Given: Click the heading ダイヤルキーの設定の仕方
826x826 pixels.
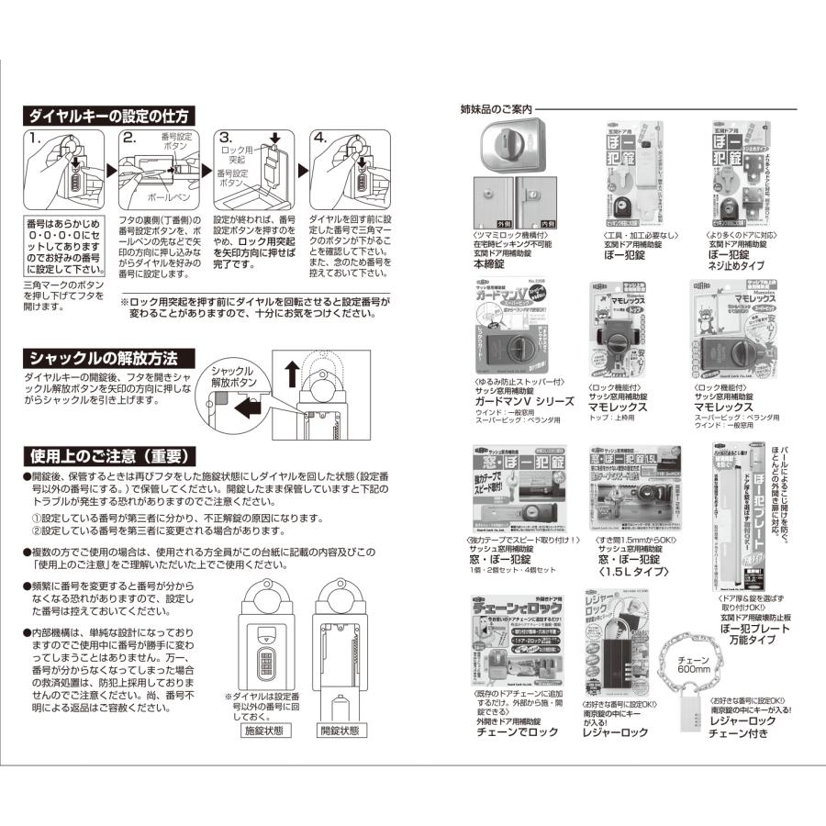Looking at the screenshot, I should (108, 116).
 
